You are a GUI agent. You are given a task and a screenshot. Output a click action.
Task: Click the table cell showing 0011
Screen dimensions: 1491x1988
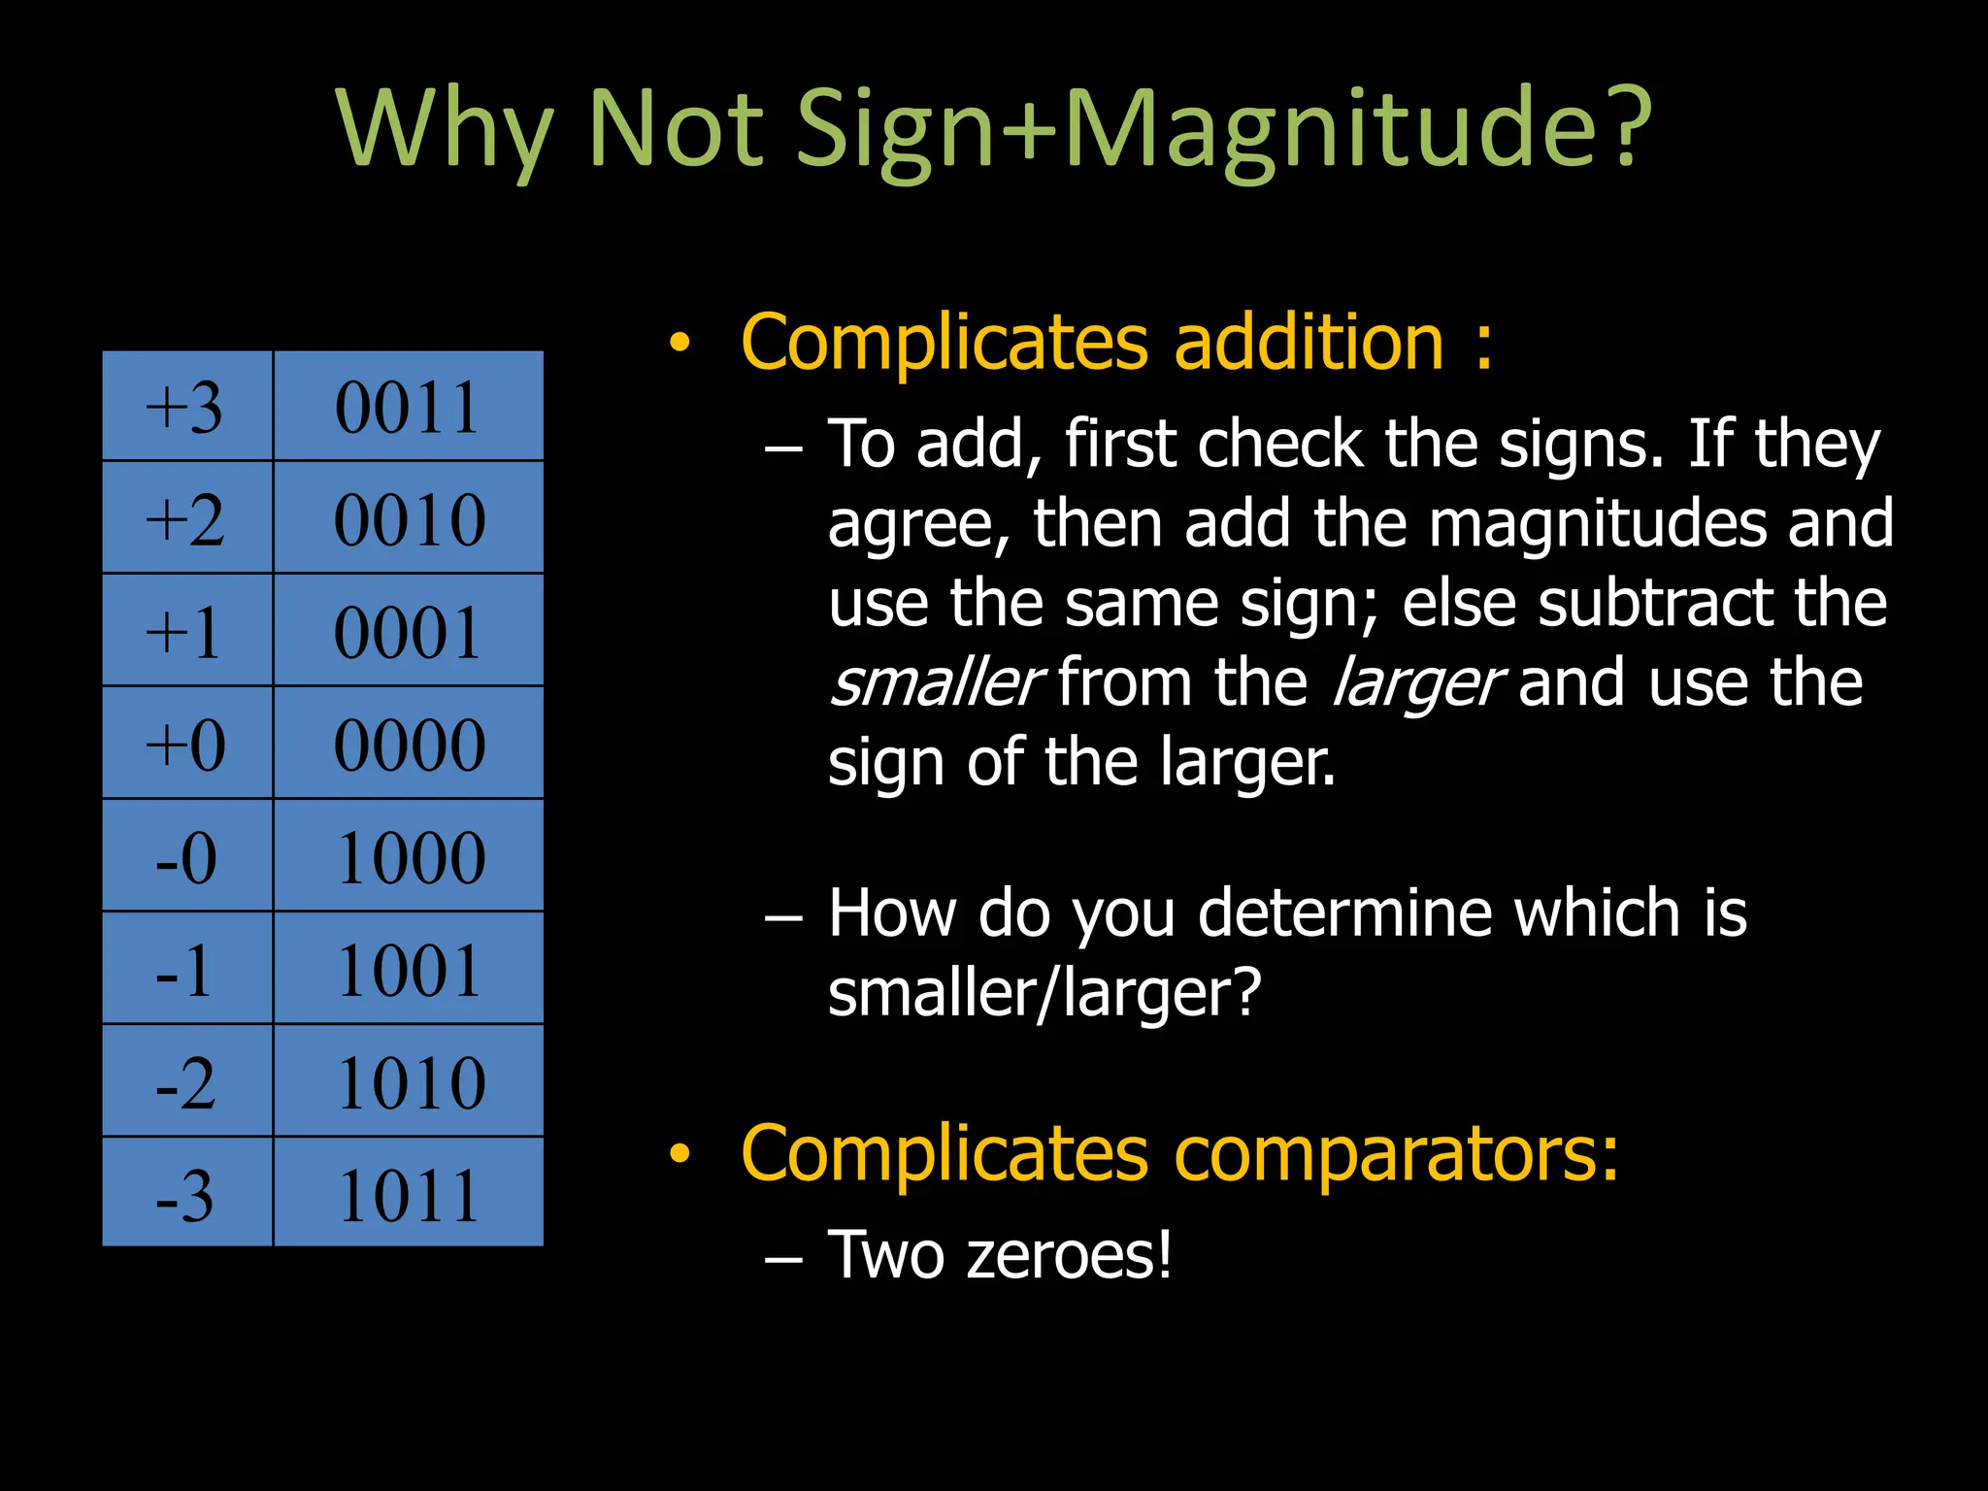408,407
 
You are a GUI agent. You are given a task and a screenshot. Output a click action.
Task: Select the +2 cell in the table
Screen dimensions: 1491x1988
186,518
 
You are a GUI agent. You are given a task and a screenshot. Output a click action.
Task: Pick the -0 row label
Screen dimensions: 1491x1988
186,857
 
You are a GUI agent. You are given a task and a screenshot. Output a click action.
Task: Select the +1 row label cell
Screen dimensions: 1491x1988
186,632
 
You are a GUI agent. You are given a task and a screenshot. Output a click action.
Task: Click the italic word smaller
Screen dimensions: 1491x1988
936,682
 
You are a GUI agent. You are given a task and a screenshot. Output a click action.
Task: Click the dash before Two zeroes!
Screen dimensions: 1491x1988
783,1260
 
